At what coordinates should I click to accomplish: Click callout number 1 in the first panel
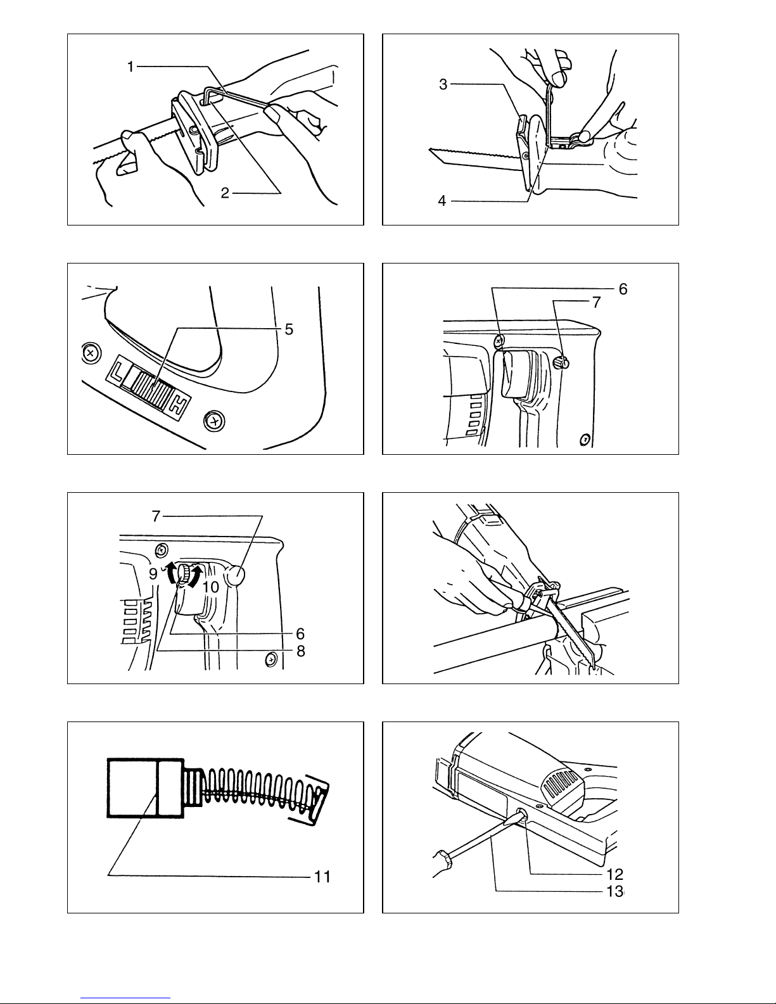click(130, 67)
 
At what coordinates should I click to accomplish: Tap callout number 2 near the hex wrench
click(225, 193)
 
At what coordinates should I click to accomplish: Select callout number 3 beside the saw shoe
click(443, 84)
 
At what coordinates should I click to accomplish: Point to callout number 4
click(442, 201)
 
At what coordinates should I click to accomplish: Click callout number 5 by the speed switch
click(289, 329)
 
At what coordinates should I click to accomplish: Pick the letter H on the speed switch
click(178, 405)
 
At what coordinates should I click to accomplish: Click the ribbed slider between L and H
click(149, 383)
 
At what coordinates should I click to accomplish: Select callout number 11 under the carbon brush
click(322, 877)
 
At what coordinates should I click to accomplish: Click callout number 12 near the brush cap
click(615, 874)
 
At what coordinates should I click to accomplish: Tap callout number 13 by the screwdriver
click(615, 891)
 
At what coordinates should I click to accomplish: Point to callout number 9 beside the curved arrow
click(153, 574)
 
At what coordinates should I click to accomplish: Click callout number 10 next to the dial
click(210, 587)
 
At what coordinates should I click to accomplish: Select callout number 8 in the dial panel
click(301, 651)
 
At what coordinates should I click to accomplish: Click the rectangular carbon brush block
click(146, 788)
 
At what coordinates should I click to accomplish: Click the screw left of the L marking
click(91, 353)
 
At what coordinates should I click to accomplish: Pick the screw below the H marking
click(214, 421)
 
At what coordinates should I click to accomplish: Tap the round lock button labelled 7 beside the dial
click(236, 576)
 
